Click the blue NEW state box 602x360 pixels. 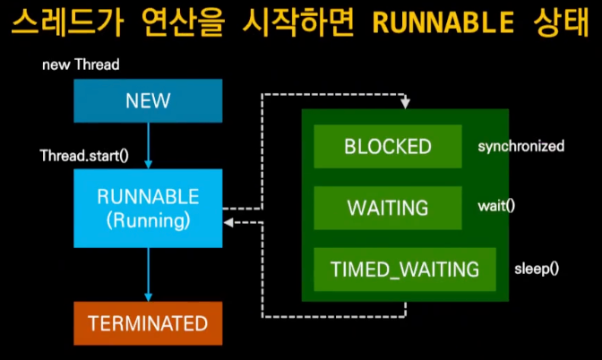click(148, 101)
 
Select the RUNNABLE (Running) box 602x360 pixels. click(148, 207)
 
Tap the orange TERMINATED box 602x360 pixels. click(148, 323)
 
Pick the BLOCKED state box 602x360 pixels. click(388, 146)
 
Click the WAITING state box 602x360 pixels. click(388, 207)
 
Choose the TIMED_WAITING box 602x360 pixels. click(404, 269)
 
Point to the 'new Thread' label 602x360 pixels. click(81, 65)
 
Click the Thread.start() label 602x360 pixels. click(84, 155)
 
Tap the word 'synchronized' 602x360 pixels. click(520, 146)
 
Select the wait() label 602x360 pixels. click(495, 205)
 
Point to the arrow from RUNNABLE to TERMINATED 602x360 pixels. click(148, 275)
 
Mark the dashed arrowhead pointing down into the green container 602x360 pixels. click(404, 104)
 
